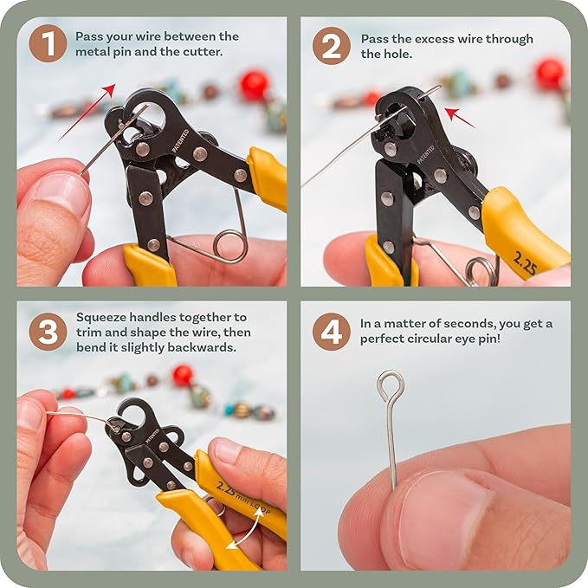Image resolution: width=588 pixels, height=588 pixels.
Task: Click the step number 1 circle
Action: [48, 43]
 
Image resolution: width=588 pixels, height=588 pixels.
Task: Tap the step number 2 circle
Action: [332, 45]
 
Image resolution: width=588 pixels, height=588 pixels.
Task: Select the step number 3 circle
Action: [48, 332]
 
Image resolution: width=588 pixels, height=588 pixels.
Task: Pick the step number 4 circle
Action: [332, 332]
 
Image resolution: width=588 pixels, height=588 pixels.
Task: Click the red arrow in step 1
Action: [87, 113]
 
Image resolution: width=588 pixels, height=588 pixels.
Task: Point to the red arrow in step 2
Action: [460, 118]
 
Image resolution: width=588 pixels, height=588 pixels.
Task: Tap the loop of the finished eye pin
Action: [391, 385]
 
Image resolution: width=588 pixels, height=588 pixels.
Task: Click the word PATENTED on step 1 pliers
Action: [180, 140]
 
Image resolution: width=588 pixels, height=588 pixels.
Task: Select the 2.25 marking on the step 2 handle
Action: [525, 263]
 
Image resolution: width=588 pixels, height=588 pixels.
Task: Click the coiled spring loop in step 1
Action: [230, 247]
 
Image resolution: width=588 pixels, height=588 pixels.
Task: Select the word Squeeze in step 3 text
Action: [101, 318]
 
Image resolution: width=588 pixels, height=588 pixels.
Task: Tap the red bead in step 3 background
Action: [183, 375]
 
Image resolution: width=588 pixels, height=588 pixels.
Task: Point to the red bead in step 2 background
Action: [550, 73]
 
